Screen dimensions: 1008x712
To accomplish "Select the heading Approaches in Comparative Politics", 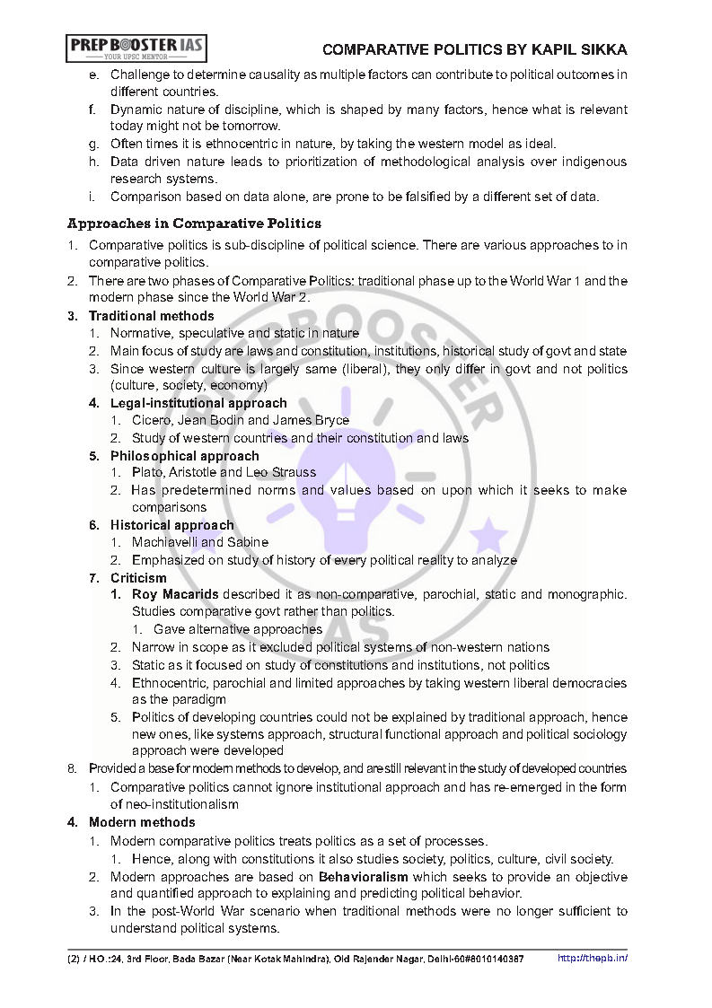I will (194, 224).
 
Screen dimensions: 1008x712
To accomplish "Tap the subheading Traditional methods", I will (151, 316).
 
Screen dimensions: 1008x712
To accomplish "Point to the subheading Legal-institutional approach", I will (198, 403).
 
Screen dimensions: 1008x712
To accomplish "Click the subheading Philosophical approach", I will (184, 456).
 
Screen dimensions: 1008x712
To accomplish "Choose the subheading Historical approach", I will (171, 525).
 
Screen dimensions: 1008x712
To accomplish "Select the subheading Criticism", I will (138, 578).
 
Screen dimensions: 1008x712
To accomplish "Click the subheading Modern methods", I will (142, 822).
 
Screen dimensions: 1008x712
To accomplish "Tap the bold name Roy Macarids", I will (175, 595).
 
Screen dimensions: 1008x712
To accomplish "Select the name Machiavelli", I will (164, 542).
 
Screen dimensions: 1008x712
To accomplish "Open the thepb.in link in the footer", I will (593, 958).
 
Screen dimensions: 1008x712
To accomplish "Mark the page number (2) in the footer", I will (73, 959).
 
